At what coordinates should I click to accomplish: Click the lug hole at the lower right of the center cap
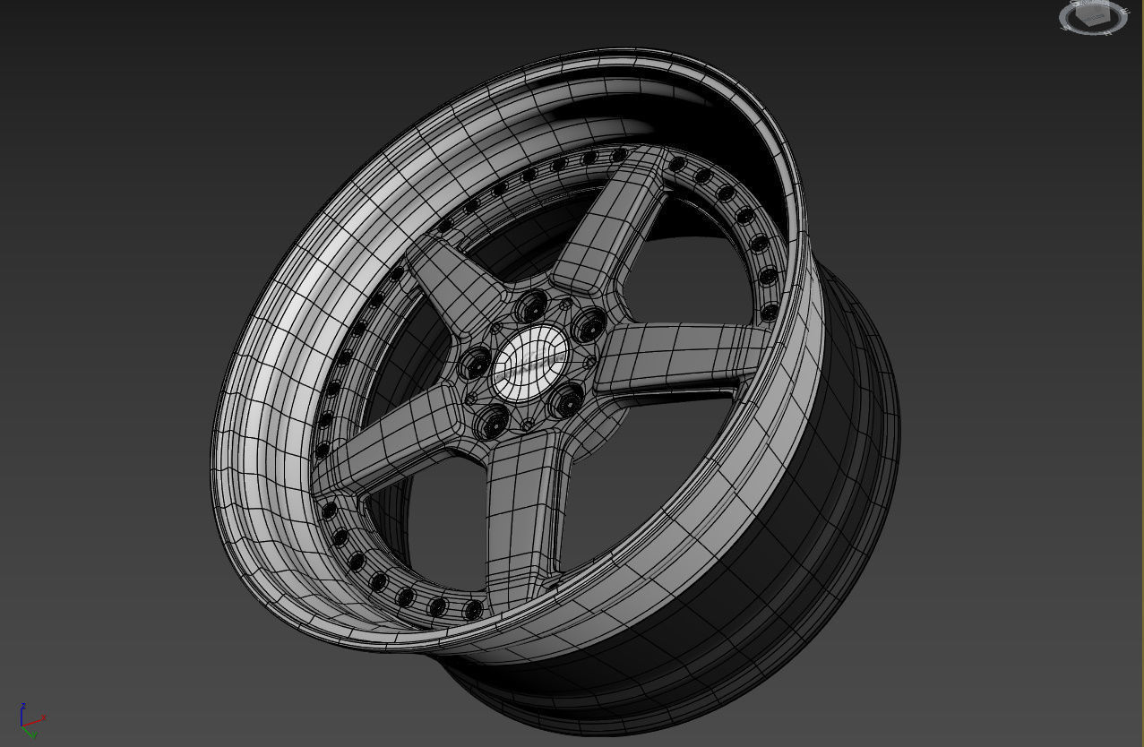[567, 402]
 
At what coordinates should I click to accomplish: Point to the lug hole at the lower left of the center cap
[489, 424]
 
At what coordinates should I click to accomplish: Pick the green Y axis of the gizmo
[31, 731]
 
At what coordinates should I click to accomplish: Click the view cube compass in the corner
[1093, 17]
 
